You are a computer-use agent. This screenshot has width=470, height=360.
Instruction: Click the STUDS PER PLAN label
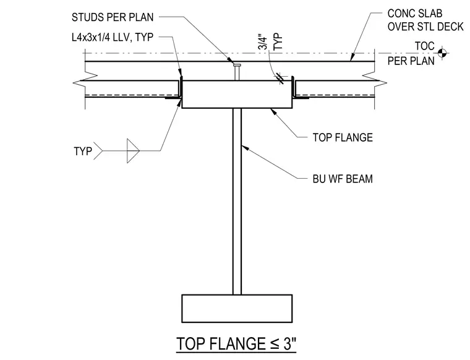coord(113,17)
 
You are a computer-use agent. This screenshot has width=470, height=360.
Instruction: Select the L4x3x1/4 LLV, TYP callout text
coord(113,37)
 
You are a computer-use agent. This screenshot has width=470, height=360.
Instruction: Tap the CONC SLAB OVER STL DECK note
coord(425,20)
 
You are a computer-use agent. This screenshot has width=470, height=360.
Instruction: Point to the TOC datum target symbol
coord(442,53)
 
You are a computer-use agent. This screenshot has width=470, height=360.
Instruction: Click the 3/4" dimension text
coord(263,43)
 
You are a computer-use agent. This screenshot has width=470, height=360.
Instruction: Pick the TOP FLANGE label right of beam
coord(343,137)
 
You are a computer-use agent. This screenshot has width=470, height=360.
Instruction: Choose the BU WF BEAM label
coord(343,179)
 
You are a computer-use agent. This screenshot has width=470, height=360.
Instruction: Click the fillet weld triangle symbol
coord(133,151)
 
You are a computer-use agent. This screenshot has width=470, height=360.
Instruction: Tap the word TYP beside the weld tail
coord(83,151)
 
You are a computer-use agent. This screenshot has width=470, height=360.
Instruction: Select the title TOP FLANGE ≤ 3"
coord(236,343)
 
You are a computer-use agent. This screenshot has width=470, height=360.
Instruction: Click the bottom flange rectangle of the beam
coord(237,309)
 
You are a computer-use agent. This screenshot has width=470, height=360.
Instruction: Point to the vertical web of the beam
coord(237,202)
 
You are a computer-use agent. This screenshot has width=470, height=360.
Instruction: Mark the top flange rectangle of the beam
coord(237,95)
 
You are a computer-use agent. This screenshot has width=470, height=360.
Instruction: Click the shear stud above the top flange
coord(237,72)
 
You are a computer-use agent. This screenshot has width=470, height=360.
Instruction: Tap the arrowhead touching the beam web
coord(245,147)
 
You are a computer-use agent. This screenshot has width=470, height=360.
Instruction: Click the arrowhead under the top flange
coord(273,112)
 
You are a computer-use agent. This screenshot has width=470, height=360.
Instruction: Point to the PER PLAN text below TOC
coord(411,61)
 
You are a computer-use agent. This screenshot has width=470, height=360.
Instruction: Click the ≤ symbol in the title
coord(275,344)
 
